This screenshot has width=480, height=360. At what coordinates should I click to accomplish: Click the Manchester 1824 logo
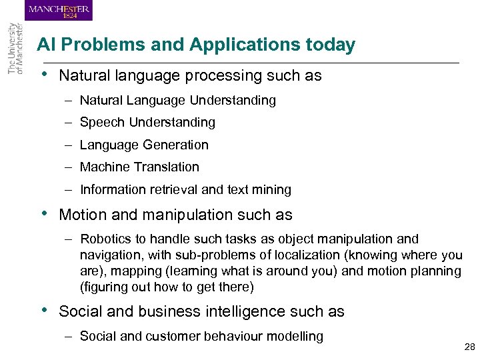[x=59, y=11]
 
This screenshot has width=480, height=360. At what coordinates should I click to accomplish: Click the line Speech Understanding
[x=147, y=123]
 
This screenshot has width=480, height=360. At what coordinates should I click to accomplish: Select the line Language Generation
[x=144, y=145]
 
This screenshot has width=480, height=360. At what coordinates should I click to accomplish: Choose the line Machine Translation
[x=139, y=167]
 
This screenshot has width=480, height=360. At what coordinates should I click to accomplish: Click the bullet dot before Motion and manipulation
[x=43, y=213]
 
